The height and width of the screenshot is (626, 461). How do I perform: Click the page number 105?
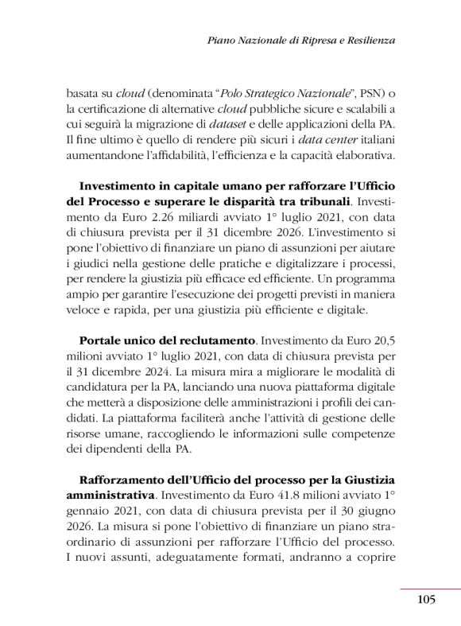[426, 600]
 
